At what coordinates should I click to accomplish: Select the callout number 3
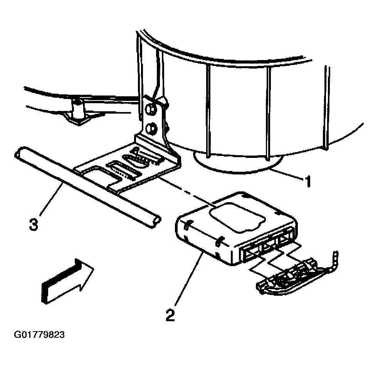click(34, 223)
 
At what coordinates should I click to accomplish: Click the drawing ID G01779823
click(39, 335)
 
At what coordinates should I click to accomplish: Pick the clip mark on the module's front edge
click(219, 241)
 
